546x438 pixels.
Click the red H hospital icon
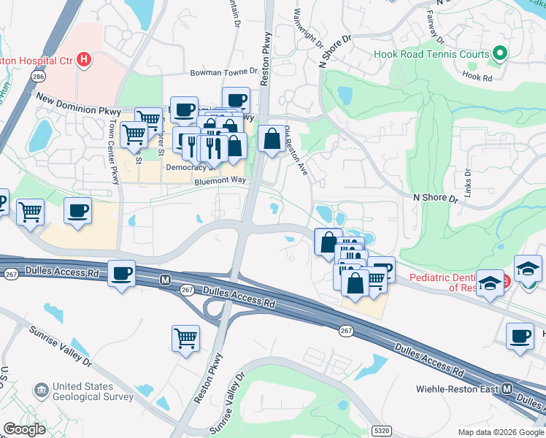point(85,59)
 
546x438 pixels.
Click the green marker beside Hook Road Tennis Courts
point(499,53)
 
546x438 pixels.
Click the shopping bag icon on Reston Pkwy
point(272,138)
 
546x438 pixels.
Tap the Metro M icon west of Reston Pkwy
point(166,280)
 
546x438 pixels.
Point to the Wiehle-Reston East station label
point(456,388)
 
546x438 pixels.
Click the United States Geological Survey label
point(93,392)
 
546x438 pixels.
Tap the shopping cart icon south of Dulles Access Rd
point(186,338)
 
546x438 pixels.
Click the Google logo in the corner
point(24,429)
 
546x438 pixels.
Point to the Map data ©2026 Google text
point(501,432)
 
